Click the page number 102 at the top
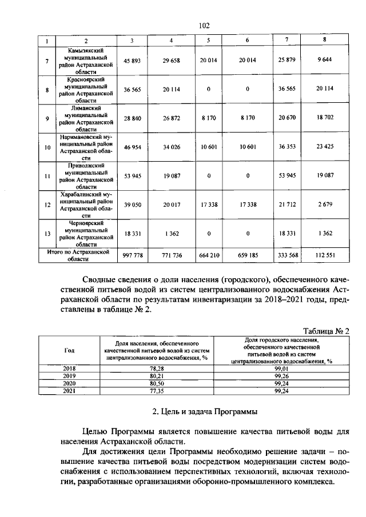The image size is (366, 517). pos(204,25)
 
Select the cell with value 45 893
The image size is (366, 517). pos(132,61)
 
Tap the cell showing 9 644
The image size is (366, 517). pos(324,61)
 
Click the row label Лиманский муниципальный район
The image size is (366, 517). pos(85,119)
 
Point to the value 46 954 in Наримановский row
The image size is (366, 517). pos(132,147)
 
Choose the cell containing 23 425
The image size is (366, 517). pos(324,147)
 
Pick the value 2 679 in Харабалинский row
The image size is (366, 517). pos(324,205)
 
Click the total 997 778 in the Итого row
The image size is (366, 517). pos(132,255)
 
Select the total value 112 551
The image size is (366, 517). pos(324,255)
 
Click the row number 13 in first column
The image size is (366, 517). pos(47,234)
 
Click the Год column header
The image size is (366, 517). pos(69,351)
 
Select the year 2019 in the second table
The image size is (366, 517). pos(69,376)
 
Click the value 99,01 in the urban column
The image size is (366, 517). pos(281,370)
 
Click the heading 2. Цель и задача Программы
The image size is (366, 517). pos(205,411)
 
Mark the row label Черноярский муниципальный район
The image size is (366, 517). pos(85,234)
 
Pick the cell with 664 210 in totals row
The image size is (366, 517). pos(209,255)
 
